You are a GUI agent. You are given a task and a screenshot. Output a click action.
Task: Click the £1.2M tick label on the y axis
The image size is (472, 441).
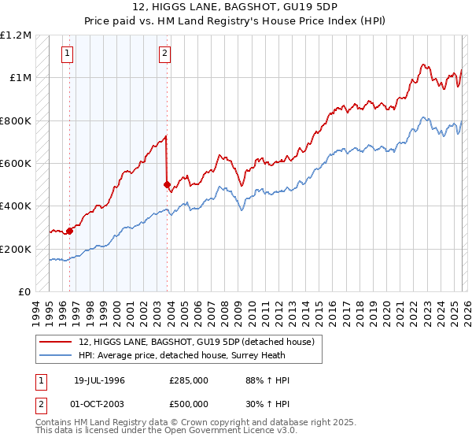click(x=16, y=35)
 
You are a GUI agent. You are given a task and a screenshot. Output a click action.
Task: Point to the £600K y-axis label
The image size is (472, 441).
click(x=16, y=164)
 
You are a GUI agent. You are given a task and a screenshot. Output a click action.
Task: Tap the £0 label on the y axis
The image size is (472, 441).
click(x=24, y=292)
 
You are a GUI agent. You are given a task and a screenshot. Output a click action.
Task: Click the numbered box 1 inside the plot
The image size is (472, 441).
click(x=67, y=54)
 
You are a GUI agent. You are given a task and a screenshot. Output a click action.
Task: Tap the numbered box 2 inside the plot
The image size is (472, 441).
click(x=164, y=54)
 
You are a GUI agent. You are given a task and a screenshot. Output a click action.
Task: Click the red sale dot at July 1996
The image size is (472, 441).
click(x=70, y=231)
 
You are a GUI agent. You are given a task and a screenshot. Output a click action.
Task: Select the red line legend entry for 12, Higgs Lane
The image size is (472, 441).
click(x=197, y=342)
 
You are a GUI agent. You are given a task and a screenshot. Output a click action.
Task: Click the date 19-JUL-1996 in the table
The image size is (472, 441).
click(x=99, y=380)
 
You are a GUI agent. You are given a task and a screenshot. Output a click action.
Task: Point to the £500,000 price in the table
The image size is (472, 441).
click(x=189, y=404)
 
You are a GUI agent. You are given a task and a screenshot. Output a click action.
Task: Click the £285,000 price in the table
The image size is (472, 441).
click(x=189, y=380)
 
